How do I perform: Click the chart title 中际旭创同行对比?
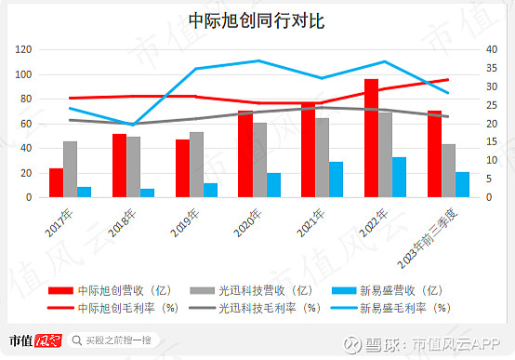(257, 20)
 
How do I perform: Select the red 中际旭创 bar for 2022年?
(371, 139)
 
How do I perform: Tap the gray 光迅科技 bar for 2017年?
(70, 169)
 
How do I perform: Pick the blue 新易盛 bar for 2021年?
(310, 180)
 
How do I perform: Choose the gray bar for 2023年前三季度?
(449, 171)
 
